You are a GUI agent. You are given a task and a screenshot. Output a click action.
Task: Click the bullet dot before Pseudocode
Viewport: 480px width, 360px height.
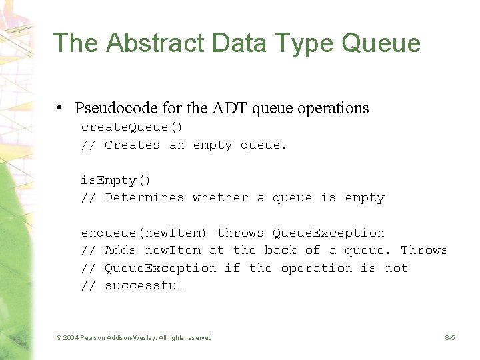(60, 109)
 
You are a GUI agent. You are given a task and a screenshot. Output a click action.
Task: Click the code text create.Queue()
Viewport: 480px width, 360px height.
(132, 127)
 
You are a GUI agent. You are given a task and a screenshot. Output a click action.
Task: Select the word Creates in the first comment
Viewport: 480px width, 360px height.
(132, 145)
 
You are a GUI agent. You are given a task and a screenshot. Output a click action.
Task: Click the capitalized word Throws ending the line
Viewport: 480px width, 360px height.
(424, 251)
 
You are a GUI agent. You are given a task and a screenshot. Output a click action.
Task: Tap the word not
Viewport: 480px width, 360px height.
(396, 268)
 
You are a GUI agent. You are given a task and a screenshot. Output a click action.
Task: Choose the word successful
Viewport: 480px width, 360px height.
(144, 285)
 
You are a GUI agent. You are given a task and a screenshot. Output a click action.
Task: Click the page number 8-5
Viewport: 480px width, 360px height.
(450, 338)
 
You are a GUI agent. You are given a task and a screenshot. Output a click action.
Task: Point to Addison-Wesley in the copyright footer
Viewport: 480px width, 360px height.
(133, 338)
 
